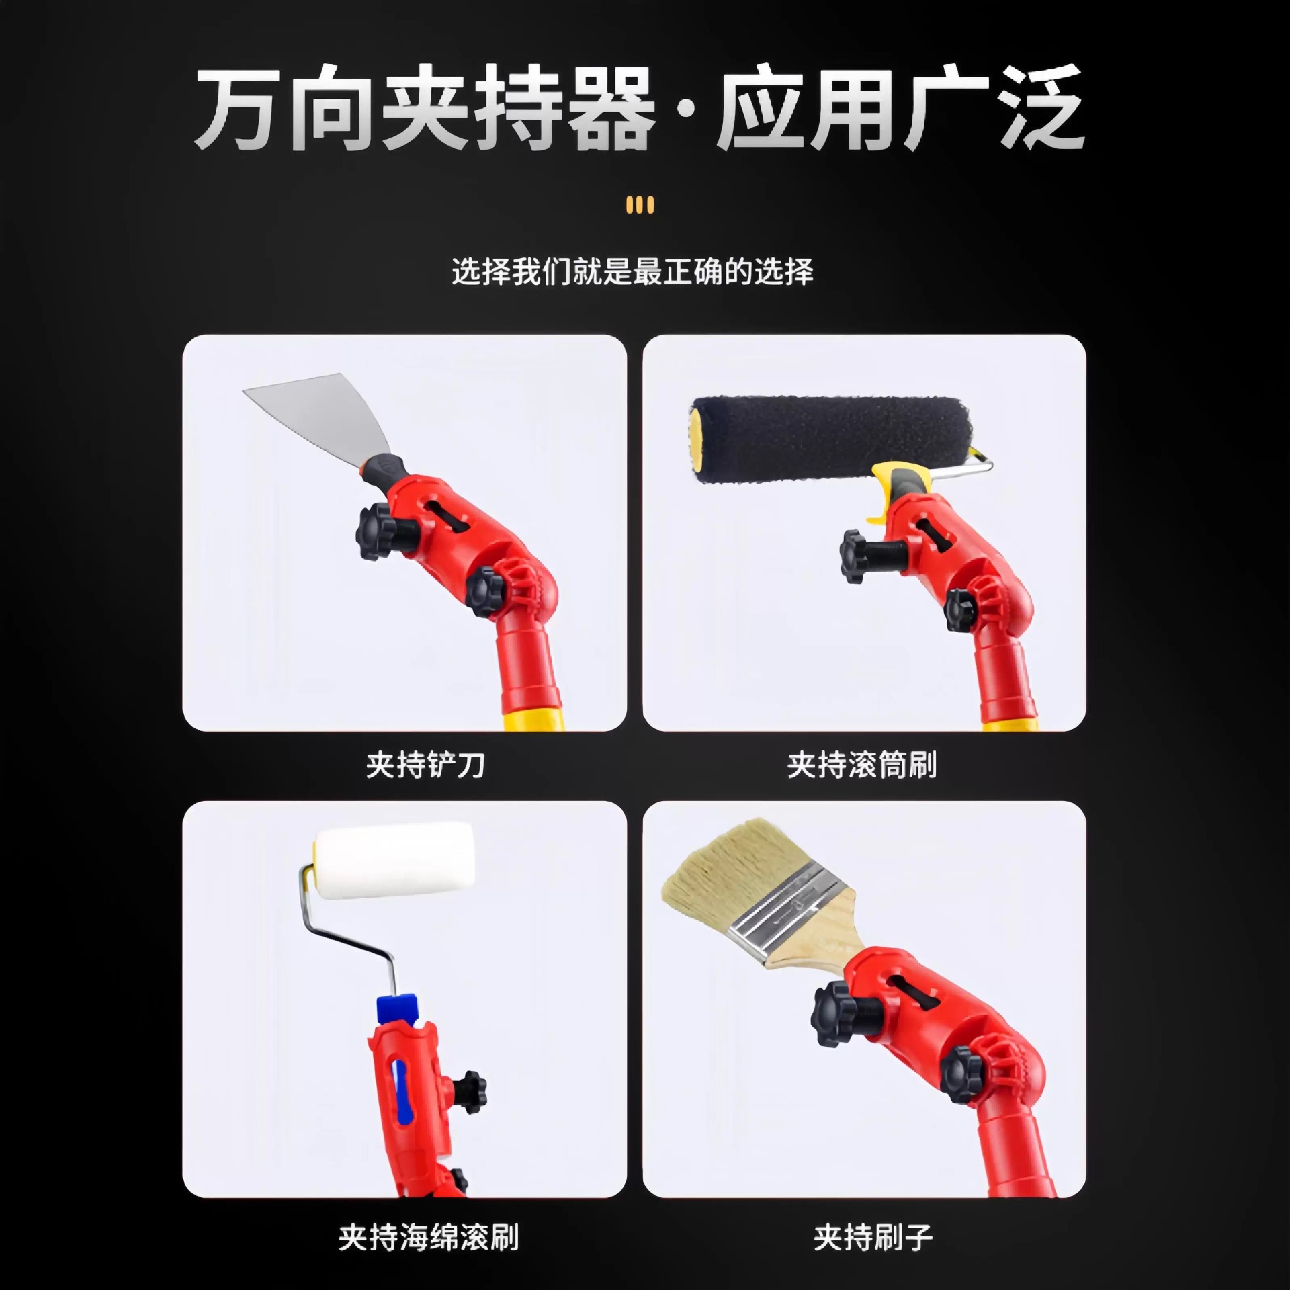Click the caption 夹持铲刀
point(425,765)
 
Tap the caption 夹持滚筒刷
point(862,765)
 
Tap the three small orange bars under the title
point(639,204)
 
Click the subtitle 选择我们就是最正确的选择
point(632,272)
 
